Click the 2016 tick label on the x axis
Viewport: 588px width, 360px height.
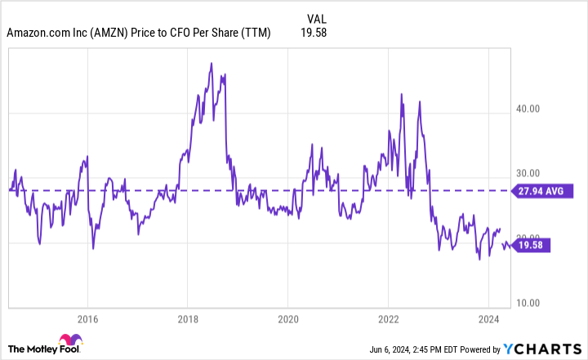coord(88,318)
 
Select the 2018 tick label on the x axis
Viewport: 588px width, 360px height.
coord(188,318)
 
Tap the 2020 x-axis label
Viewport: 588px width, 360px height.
coord(287,318)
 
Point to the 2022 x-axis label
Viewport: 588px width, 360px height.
coord(388,318)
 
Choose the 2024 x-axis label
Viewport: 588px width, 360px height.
coord(488,318)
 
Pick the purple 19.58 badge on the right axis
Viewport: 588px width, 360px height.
coord(537,245)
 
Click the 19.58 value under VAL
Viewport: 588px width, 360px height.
coord(313,33)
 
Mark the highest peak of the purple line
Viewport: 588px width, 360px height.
coord(212,63)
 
